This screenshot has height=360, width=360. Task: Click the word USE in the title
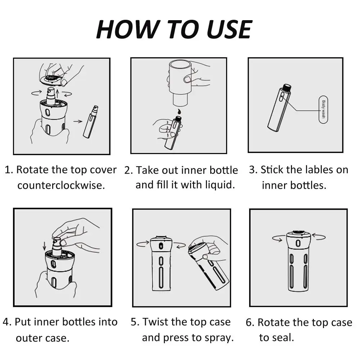[229, 29]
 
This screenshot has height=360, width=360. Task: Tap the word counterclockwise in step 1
[61, 185]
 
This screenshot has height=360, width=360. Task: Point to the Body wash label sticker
[323, 109]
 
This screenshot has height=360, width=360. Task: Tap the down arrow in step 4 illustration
[45, 246]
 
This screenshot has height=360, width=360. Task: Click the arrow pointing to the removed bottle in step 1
[78, 121]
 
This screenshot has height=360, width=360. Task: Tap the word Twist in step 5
[155, 322]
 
